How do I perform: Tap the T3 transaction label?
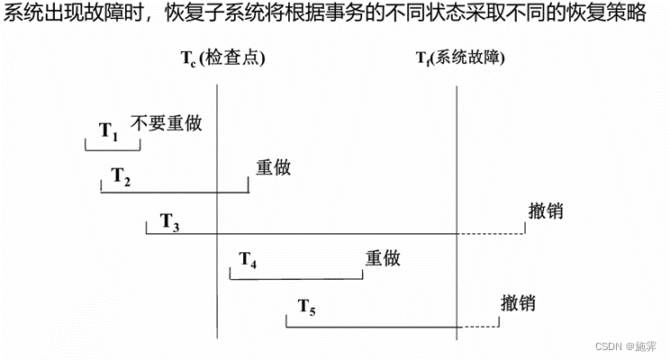pyautogui.click(x=169, y=222)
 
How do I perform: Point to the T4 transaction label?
pyautogui.click(x=248, y=261)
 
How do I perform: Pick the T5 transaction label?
pyautogui.click(x=307, y=309)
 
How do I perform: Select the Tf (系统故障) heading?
pyautogui.click(x=459, y=58)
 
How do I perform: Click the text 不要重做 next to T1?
pyautogui.click(x=166, y=123)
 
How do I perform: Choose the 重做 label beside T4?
pyautogui.click(x=382, y=257)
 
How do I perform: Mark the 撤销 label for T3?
pyautogui.click(x=547, y=211)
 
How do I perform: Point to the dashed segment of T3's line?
pyautogui.click(x=491, y=234)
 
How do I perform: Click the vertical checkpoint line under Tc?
pyautogui.click(x=218, y=270)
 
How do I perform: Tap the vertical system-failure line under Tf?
pyautogui.click(x=457, y=180)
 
